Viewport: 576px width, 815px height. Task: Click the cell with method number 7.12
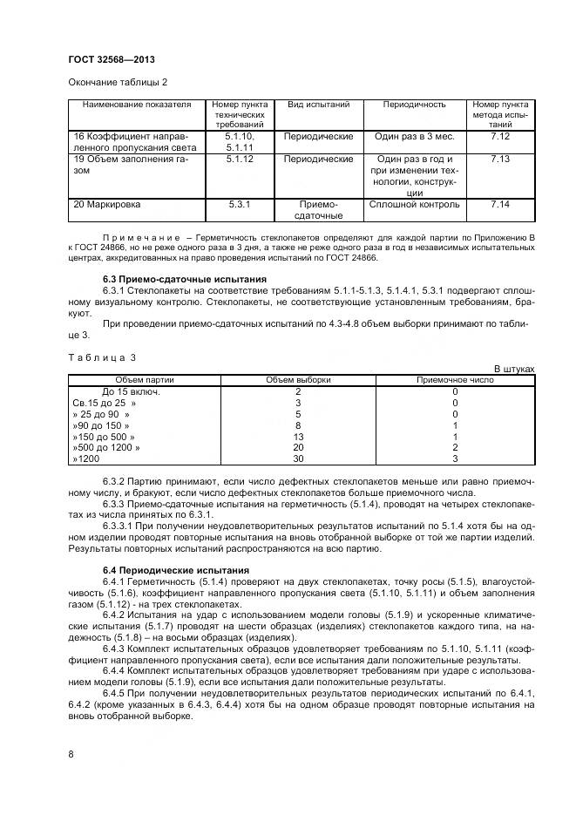click(x=499, y=137)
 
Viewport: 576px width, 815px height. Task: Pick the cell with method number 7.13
click(x=499, y=160)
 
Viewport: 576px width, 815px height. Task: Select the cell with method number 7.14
click(x=499, y=204)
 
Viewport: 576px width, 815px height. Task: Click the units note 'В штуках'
click(x=514, y=370)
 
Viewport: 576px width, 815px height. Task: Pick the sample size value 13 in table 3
click(x=298, y=436)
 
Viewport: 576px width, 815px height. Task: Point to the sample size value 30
click(x=298, y=458)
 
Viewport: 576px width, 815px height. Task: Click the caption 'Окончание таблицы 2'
click(x=117, y=82)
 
